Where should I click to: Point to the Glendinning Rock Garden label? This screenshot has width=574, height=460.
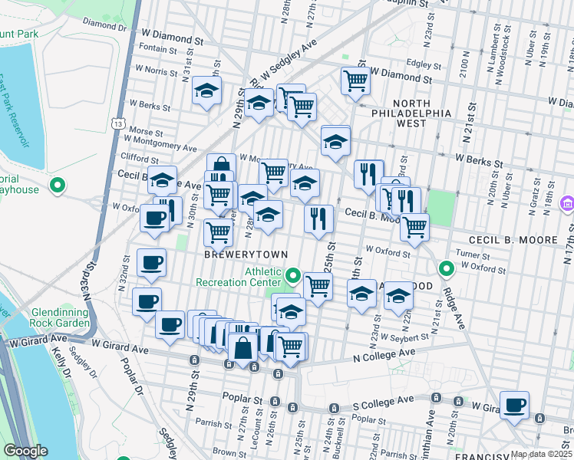61,317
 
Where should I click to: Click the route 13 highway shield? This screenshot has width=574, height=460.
117,123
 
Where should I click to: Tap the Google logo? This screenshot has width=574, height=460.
25,451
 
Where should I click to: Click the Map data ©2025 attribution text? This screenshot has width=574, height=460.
540,454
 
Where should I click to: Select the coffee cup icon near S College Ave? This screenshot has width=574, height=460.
513,404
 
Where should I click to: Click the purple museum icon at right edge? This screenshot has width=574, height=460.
567,203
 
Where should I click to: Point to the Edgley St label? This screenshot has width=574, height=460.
427,64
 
